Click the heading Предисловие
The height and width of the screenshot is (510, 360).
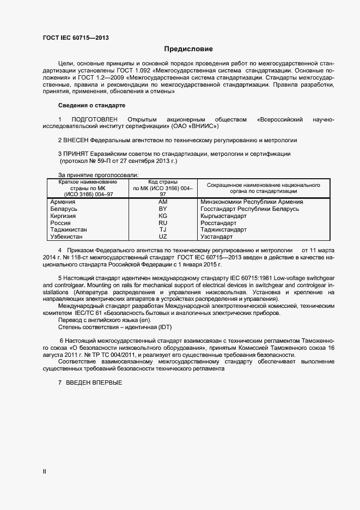click(x=189, y=48)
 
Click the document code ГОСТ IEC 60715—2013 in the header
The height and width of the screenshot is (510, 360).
click(x=76, y=38)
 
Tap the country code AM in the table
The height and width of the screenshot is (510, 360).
click(x=162, y=202)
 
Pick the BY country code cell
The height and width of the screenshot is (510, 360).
click(x=162, y=209)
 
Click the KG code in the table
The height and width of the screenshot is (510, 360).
click(x=162, y=216)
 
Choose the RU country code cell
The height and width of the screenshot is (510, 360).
click(x=162, y=223)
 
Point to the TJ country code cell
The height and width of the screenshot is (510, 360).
click(x=162, y=230)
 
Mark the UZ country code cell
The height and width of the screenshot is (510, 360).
click(x=162, y=237)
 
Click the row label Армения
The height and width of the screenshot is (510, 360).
click(x=63, y=202)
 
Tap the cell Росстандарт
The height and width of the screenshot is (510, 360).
click(x=218, y=223)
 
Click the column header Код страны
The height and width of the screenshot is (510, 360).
click(x=162, y=181)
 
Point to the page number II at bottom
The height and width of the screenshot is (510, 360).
click(x=45, y=472)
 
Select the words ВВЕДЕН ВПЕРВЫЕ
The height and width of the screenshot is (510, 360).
click(x=94, y=383)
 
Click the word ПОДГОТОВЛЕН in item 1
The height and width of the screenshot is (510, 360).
click(x=94, y=119)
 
